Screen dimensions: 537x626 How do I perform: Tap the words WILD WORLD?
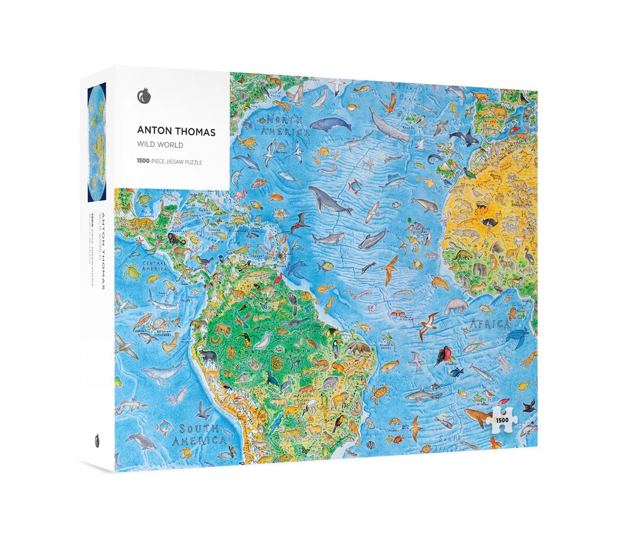160,145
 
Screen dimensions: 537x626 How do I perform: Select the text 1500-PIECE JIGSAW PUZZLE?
174,162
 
